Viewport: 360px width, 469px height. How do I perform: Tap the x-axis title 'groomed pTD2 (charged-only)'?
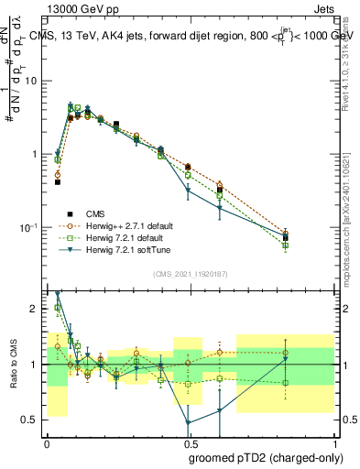point(267,457)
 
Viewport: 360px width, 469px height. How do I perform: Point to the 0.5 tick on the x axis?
point(189,442)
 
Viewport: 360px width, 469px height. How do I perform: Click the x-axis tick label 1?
point(332,442)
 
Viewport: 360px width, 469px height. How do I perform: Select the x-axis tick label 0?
point(47,442)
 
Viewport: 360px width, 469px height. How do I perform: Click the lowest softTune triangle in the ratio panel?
point(188,423)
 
